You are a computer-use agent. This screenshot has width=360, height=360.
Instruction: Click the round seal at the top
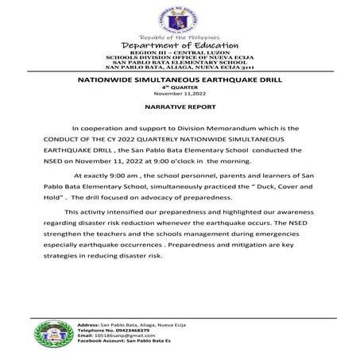click(180, 17)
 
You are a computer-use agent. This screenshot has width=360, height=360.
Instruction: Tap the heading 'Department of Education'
click(180, 47)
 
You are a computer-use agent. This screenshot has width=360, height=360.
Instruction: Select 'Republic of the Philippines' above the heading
click(180, 38)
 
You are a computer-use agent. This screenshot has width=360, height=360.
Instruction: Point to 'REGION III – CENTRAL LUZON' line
click(180, 54)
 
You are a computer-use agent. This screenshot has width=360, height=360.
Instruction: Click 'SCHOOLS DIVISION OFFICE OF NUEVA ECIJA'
click(180, 59)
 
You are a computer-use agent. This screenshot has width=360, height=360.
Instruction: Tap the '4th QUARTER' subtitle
click(180, 88)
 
